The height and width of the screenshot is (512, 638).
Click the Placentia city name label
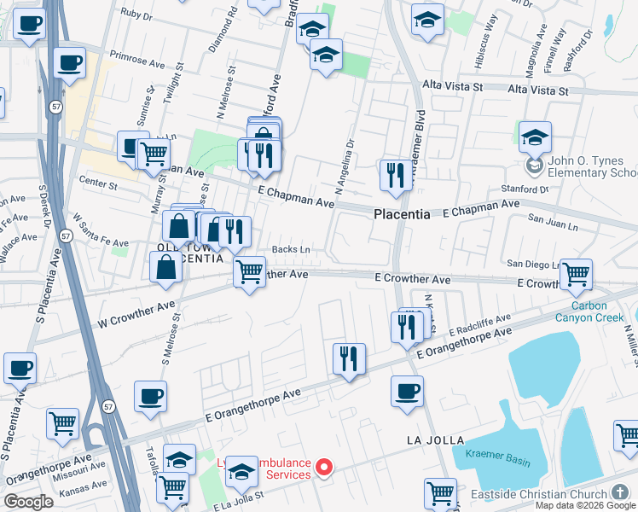tap(402, 215)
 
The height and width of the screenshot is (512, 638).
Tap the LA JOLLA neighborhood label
tap(435, 440)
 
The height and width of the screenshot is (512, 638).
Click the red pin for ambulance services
tap(324, 467)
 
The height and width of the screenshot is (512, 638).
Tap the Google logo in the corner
tap(28, 502)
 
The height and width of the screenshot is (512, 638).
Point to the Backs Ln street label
tap(291, 249)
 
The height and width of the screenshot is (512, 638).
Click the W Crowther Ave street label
tap(136, 313)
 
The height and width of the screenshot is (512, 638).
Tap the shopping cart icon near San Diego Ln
tap(576, 274)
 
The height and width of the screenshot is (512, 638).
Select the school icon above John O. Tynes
tap(535, 137)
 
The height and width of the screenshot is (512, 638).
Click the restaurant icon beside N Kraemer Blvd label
tap(393, 176)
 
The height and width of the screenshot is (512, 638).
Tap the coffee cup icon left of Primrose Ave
tap(69, 62)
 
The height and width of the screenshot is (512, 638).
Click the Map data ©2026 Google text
tap(585, 505)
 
